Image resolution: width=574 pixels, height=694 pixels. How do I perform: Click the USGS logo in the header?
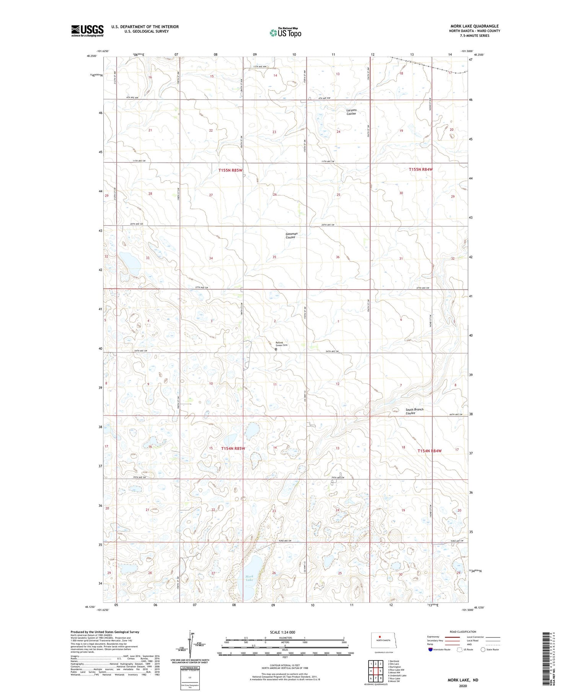87,31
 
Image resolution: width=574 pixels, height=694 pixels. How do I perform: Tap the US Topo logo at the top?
285,33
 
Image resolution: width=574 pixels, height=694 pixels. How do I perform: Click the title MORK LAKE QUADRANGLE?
475,26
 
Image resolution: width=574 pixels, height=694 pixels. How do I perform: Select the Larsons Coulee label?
351,112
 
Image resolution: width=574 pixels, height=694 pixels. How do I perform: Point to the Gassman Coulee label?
291,235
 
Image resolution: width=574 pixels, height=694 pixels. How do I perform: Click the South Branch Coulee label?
414,412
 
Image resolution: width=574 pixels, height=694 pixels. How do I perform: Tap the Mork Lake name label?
249,578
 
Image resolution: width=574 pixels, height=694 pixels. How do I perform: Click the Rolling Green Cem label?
281,344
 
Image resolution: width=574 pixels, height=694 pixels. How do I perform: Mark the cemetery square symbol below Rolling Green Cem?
276,349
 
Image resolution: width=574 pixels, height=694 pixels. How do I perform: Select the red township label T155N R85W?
230,170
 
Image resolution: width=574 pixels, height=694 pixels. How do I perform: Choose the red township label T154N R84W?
429,451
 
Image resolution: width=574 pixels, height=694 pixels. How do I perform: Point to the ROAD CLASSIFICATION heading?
463,632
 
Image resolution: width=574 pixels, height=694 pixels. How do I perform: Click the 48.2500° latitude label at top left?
92,56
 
